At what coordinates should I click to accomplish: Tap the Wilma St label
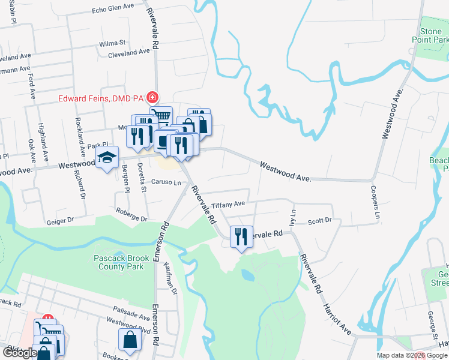(112, 43)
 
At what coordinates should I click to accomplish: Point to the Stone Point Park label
(430, 35)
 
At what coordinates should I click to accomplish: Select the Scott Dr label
(319, 221)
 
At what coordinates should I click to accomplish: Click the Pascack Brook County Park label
(118, 263)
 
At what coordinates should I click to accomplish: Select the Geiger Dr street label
(59, 221)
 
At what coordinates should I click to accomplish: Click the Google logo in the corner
(20, 353)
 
